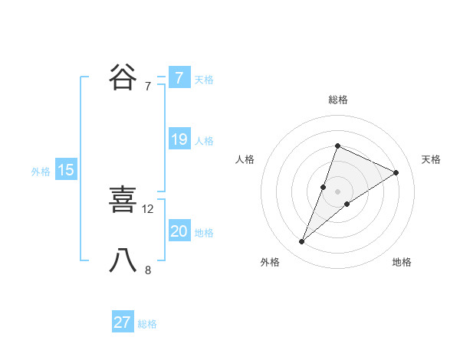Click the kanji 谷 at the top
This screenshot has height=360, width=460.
123,77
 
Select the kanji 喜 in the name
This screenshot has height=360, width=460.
123,200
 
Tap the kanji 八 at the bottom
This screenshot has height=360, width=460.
123,260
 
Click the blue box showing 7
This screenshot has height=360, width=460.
179,78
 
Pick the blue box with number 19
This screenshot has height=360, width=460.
179,139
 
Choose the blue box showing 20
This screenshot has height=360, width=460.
179,231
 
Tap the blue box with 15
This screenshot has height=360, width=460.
66,170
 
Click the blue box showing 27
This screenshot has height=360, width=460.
123,322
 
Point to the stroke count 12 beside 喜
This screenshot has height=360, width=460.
148,208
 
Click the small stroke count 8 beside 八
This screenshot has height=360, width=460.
148,270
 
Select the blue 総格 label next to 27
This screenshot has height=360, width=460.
147,324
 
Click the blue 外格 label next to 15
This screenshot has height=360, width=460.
41,172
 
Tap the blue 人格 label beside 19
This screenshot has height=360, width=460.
204,141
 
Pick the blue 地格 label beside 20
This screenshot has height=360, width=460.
204,233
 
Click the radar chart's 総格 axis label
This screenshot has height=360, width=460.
337,100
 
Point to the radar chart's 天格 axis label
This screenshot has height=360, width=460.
431,159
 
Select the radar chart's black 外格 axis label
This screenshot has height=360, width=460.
270,262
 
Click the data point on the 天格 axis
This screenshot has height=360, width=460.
396,172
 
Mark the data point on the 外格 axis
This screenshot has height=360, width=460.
302,241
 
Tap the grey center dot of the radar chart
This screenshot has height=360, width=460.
337,191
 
